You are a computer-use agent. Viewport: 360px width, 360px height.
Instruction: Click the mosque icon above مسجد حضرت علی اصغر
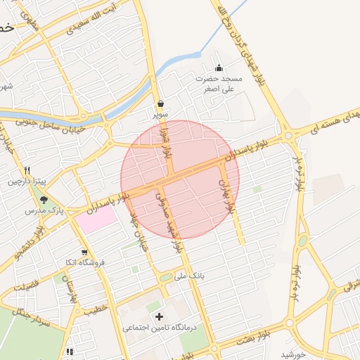219,68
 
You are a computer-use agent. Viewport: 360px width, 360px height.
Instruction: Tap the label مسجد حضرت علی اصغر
219,84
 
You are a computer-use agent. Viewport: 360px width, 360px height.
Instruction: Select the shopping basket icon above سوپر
160,103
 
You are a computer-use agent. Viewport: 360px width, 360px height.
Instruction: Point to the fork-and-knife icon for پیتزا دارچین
27,170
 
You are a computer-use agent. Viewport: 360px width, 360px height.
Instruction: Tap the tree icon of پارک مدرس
44,200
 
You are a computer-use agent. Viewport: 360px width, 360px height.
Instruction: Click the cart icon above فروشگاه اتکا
84,252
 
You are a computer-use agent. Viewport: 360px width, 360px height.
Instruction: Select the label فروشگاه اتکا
84,262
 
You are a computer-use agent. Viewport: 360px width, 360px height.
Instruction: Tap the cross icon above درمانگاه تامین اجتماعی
159,316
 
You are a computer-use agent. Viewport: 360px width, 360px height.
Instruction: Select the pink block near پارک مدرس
96,218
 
